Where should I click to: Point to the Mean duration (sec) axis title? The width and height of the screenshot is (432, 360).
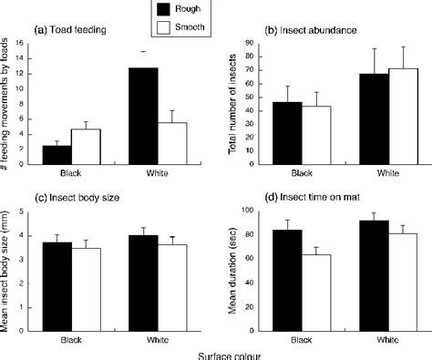(241, 272)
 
